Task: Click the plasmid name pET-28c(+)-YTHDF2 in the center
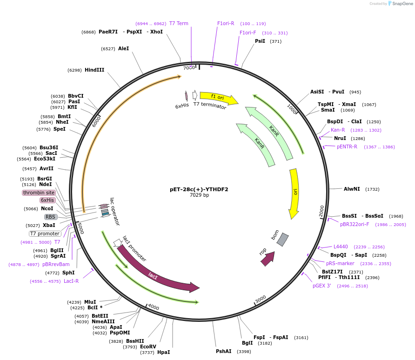click(199, 189)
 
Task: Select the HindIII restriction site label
click(94, 70)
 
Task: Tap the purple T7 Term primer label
click(179, 23)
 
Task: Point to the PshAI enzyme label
click(223, 351)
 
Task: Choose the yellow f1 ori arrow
click(218, 97)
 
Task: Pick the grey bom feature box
click(282, 240)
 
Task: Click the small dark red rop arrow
click(268, 259)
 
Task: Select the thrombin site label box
click(39, 193)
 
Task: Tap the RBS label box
click(50, 217)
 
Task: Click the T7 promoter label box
click(45, 233)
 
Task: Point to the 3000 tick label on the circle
click(261, 298)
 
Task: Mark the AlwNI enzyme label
click(352, 189)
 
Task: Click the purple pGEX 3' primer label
click(322, 286)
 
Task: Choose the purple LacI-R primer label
click(71, 281)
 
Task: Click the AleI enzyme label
click(123, 48)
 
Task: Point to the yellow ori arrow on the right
click(294, 193)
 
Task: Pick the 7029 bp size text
click(199, 195)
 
